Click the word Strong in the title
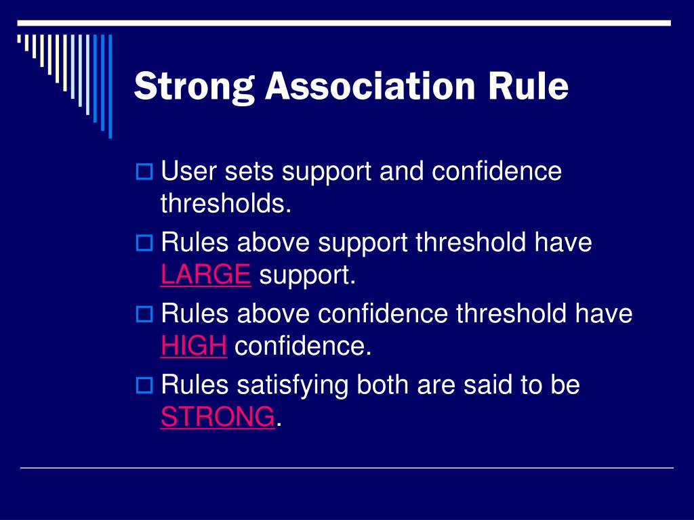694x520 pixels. click(195, 87)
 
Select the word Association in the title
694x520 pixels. click(370, 86)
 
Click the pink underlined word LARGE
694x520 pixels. click(206, 275)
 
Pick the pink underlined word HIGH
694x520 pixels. click(194, 346)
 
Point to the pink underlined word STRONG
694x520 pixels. click(218, 416)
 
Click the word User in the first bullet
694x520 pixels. click(188, 171)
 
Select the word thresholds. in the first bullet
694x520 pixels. click(226, 203)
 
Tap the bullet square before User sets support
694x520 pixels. click(144, 171)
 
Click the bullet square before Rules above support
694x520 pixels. click(144, 243)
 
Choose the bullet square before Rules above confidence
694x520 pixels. click(144, 314)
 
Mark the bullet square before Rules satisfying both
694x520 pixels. click(144, 385)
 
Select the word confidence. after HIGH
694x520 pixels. click(303, 346)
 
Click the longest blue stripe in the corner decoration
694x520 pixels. click(110, 86)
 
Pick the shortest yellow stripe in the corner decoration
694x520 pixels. click(19, 39)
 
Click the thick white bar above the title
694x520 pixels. click(344, 23)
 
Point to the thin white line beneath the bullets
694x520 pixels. click(347, 467)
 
